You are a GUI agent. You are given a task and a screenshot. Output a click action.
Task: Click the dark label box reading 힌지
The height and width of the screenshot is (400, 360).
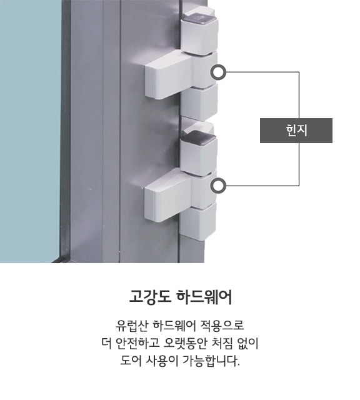pos(296,131)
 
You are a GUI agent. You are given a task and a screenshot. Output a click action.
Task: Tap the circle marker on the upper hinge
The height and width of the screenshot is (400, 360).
pos(218,72)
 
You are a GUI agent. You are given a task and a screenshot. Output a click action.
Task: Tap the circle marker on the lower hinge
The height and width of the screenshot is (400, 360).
pos(218,186)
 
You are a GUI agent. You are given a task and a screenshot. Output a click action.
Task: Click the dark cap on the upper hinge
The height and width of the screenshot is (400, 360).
pos(200,19)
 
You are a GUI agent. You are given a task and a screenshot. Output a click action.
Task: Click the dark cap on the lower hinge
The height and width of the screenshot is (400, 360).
pos(199,138)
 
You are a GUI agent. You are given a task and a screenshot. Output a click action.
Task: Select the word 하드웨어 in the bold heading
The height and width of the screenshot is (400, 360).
pos(204,297)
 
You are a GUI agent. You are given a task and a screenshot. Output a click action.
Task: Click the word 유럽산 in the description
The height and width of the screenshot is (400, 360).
pos(132,326)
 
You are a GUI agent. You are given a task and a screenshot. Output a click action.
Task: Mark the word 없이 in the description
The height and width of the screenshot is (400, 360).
pos(247,343)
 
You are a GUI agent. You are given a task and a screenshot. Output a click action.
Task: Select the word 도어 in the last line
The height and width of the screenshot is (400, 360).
pos(131,361)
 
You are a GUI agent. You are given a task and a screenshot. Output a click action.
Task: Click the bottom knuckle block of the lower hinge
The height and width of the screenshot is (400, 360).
pos(199,221)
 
